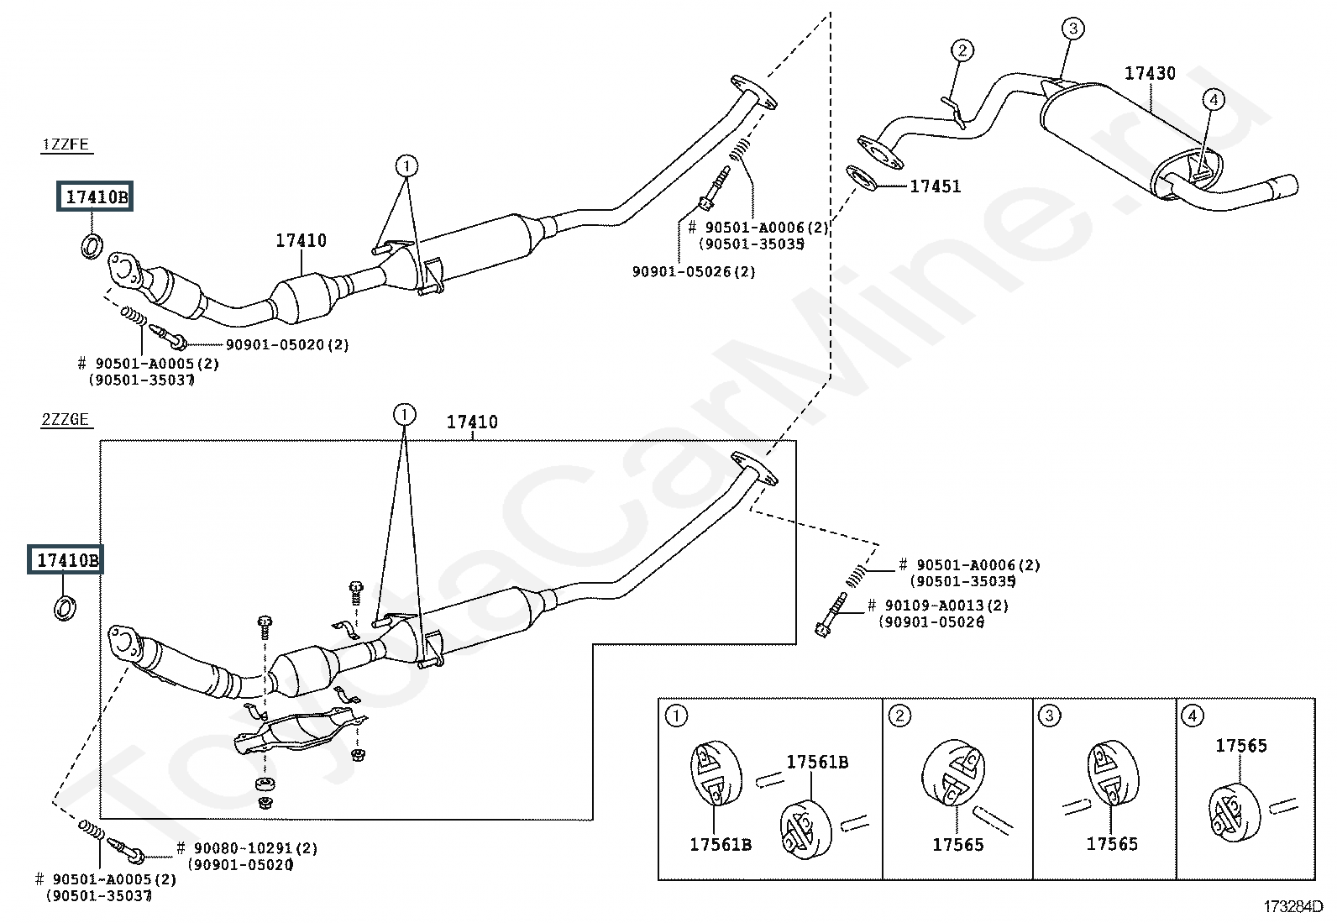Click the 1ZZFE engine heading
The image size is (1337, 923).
(x=66, y=144)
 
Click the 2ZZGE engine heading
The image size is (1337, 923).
(x=65, y=419)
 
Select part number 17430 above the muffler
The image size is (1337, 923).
(x=1150, y=73)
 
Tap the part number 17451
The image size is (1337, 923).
(x=936, y=186)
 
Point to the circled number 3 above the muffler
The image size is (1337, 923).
(x=1073, y=28)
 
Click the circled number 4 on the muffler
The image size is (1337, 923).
(x=1214, y=99)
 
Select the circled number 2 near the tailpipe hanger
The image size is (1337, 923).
(x=962, y=50)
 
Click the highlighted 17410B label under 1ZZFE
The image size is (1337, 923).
(x=95, y=197)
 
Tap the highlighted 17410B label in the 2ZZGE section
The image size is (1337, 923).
(x=65, y=559)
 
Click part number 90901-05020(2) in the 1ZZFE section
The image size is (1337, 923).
(x=287, y=344)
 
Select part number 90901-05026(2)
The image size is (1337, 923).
(x=694, y=271)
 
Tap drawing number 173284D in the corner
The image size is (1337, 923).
(x=1292, y=906)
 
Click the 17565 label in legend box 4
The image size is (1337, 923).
(x=1241, y=746)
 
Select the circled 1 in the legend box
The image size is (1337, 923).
(x=676, y=716)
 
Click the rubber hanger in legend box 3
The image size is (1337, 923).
(x=1112, y=774)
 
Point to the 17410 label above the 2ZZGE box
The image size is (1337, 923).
(x=472, y=422)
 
